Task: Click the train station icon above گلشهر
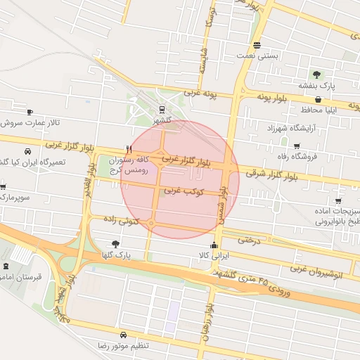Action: click(162, 110)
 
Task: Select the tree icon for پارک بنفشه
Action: click(317, 74)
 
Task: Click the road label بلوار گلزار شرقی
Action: click(281, 172)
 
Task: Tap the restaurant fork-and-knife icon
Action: click(128, 149)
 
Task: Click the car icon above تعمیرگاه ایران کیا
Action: click(27, 151)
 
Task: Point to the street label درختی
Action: click(249, 239)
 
